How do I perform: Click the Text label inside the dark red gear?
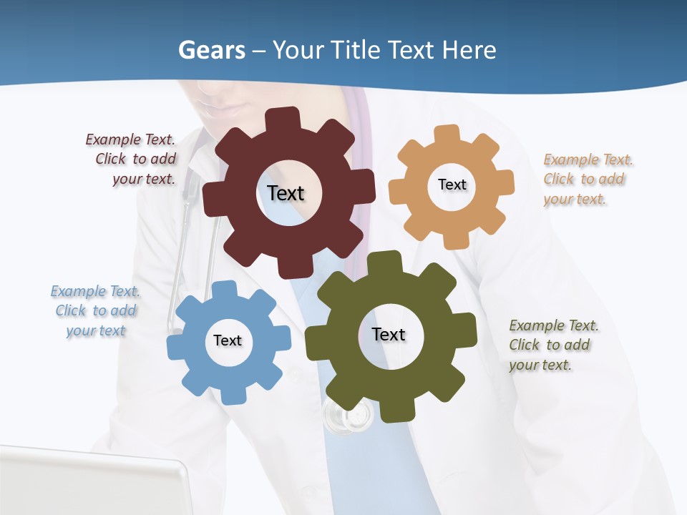coord(286,193)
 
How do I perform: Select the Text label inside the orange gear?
coord(452,185)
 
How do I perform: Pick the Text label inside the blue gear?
coord(228,340)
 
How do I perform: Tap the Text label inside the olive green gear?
coord(389,334)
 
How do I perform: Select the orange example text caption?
coord(586,179)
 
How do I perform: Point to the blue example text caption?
coord(95,310)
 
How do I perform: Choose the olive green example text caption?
coord(552,345)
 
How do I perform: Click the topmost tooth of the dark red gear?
coord(286,119)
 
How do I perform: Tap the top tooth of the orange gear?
coord(448,134)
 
